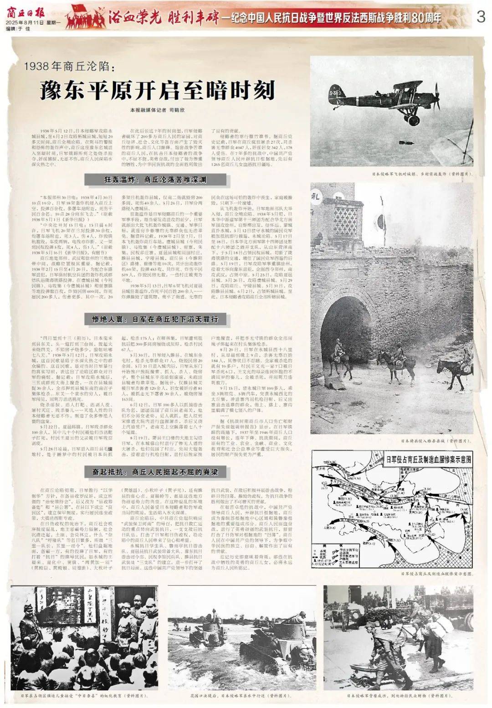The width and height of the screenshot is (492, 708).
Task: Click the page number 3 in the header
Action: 480,17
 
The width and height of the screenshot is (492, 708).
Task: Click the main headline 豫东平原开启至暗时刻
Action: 157,90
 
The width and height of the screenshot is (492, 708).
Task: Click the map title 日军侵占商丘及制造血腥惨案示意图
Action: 428,459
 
